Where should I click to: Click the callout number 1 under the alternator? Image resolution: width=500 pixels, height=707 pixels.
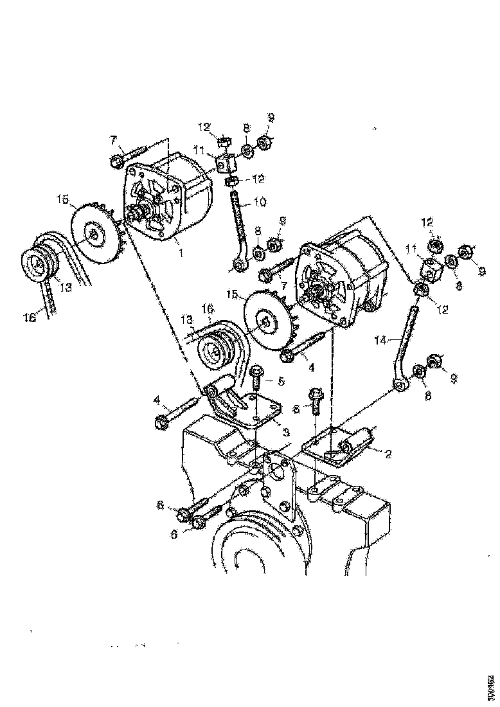(x=181, y=253)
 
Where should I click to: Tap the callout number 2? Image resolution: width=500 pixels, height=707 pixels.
(x=388, y=452)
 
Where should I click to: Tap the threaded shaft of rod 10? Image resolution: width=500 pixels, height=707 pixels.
(x=239, y=219)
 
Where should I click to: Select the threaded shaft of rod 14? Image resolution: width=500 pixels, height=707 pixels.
(x=406, y=341)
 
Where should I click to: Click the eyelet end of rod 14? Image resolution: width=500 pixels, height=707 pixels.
(x=400, y=386)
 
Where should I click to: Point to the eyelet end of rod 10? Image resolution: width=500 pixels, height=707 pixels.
(x=239, y=264)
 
